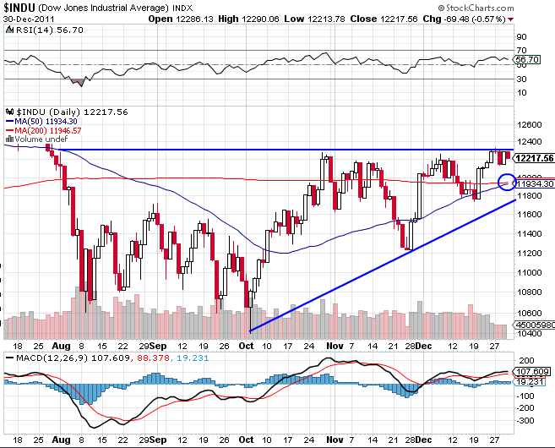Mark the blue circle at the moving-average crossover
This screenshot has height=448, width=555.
pyautogui.click(x=507, y=181)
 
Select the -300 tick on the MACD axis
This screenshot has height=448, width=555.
pyautogui.click(x=525, y=420)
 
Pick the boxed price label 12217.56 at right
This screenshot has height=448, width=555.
pyautogui.click(x=534, y=158)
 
